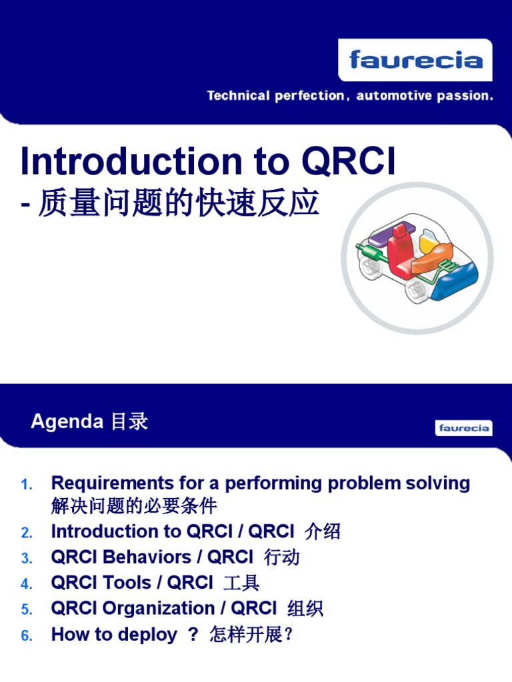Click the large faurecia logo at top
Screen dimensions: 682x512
pyautogui.click(x=415, y=61)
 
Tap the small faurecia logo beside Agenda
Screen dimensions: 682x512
pyautogui.click(x=464, y=428)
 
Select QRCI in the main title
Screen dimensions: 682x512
pyautogui.click(x=349, y=162)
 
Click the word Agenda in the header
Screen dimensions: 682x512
pyautogui.click(x=67, y=422)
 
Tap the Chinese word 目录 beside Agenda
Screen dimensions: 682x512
pyautogui.click(x=128, y=422)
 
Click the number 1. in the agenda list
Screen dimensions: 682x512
pyautogui.click(x=27, y=485)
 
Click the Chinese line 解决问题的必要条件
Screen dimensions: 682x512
pyautogui.click(x=134, y=506)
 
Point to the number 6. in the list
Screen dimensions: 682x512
pyautogui.click(x=27, y=636)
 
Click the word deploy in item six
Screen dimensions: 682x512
pyautogui.click(x=147, y=635)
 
